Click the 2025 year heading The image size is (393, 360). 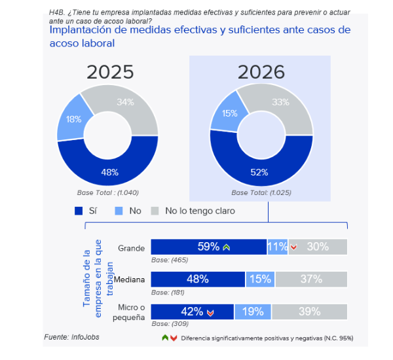[x=110, y=72]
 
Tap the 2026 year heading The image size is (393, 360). [x=261, y=72]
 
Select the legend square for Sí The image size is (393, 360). [x=79, y=211]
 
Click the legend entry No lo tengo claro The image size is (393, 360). [x=199, y=211]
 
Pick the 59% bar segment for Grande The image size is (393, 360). [x=208, y=247]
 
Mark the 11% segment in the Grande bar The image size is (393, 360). [x=277, y=247]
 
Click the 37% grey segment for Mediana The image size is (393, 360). [x=311, y=279]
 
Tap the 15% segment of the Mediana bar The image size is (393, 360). [x=260, y=279]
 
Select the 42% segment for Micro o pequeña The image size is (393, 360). [x=193, y=312]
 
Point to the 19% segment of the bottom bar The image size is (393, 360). [x=253, y=312]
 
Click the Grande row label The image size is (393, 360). [x=132, y=248]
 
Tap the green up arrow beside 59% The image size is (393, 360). [x=226, y=247]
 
